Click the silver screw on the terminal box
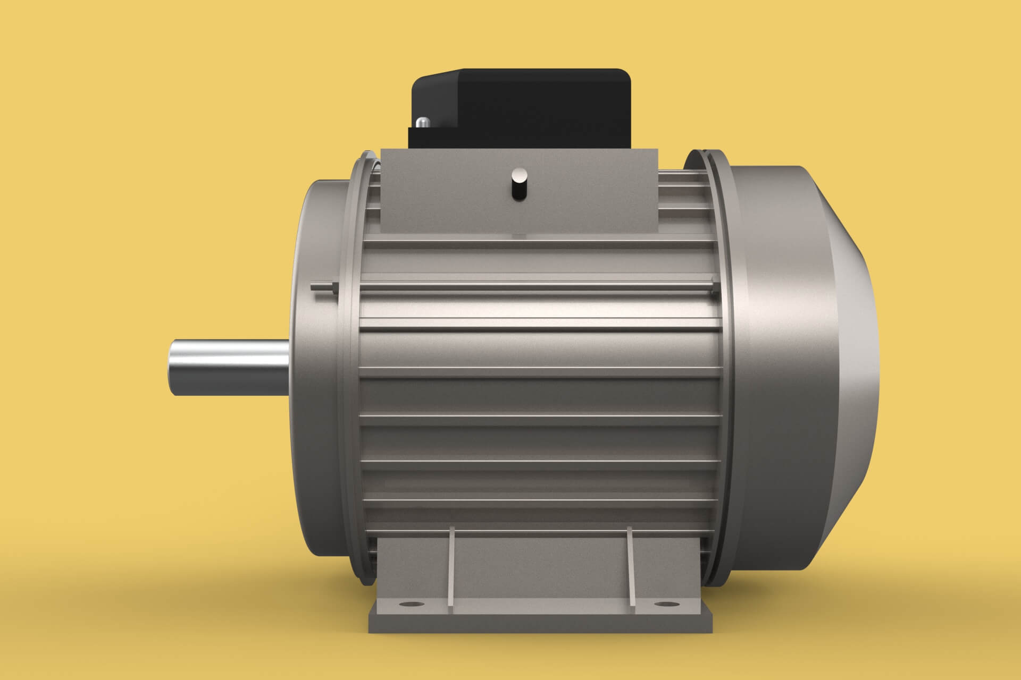423,122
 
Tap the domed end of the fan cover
851,367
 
